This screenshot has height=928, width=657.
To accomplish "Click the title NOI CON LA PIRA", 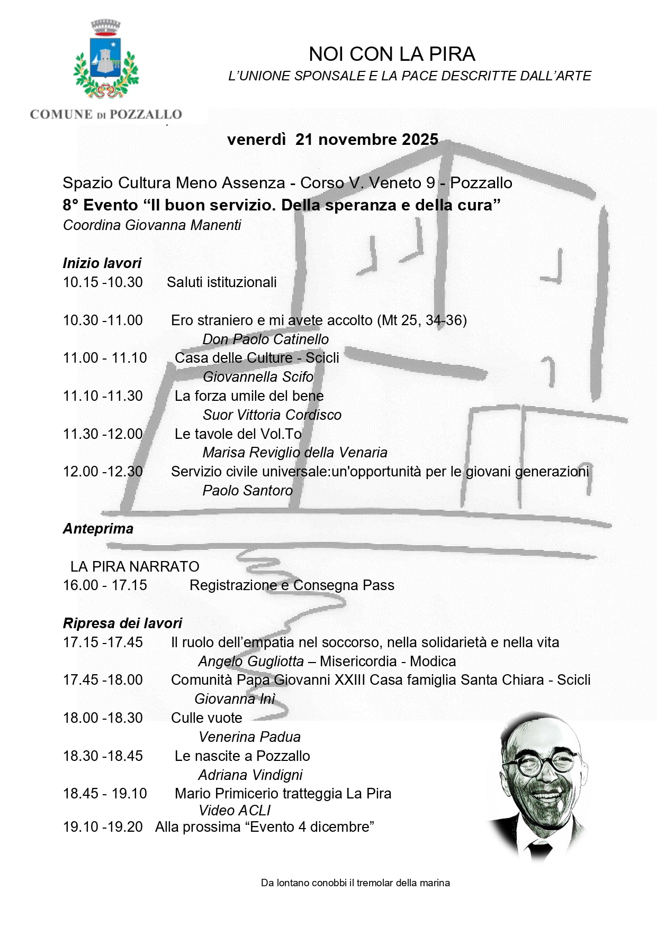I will [392, 54].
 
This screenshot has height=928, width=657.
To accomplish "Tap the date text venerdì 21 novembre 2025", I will [332, 140].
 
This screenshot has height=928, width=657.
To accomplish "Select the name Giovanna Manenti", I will [183, 225].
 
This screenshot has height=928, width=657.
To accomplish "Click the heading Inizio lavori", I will [102, 263].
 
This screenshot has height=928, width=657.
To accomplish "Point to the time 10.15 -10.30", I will [103, 282].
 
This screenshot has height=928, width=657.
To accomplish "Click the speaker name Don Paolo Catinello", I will [265, 339].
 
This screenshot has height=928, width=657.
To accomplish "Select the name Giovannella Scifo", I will [258, 377].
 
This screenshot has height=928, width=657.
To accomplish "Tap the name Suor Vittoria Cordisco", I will [272, 415].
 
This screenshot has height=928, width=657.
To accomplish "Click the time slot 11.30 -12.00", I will [103, 434].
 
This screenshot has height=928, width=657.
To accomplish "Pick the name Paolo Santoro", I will [247, 491].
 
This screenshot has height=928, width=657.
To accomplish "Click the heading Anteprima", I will [98, 529].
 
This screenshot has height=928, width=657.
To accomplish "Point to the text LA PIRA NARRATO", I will [134, 567].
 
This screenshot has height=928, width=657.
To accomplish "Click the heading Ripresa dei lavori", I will [122, 623].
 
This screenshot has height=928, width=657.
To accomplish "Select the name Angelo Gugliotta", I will [251, 661].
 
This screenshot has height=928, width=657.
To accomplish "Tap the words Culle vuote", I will [206, 718].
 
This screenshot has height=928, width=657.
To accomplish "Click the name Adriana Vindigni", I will [250, 775].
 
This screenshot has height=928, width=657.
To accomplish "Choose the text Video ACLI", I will [234, 811].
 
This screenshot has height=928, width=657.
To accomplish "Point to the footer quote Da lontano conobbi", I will [355, 883].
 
